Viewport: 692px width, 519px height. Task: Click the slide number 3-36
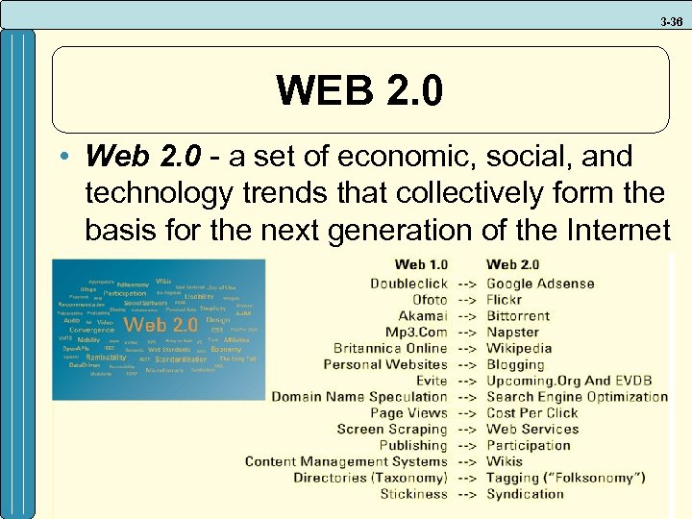(x=671, y=20)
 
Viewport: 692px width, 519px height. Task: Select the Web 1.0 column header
(x=421, y=265)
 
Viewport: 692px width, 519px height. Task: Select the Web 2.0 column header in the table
(x=513, y=265)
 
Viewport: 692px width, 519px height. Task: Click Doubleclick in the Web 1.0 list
(x=408, y=284)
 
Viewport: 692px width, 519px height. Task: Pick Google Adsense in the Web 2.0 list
(x=540, y=284)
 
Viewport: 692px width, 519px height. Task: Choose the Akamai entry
(x=423, y=315)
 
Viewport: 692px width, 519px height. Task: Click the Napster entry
(x=512, y=332)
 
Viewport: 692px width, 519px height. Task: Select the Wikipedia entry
(x=519, y=348)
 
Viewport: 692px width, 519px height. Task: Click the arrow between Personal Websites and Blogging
(x=467, y=364)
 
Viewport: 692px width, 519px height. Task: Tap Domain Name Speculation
(x=359, y=397)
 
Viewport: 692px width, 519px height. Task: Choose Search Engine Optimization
(x=577, y=397)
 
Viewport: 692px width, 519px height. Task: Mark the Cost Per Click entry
(x=532, y=413)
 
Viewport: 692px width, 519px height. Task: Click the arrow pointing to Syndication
(x=467, y=494)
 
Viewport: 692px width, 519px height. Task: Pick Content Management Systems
(x=346, y=461)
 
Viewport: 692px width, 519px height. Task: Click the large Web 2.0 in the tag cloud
(x=161, y=325)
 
